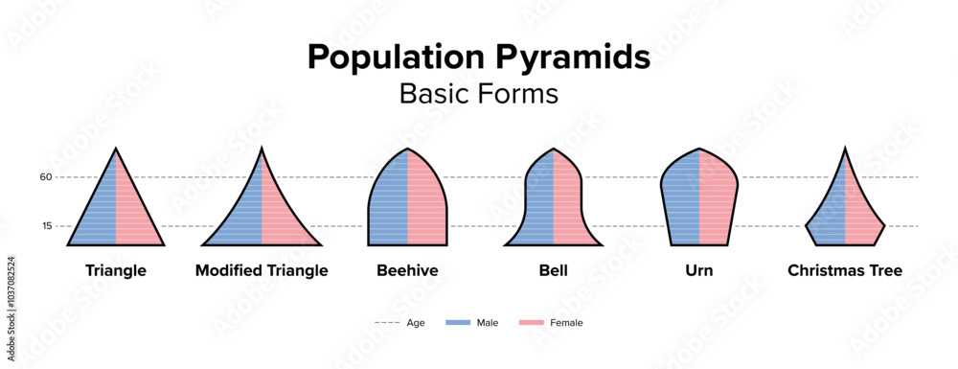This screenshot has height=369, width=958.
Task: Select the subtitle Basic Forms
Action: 478,94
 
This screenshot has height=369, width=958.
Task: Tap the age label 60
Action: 46,177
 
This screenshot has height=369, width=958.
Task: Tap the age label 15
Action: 47,226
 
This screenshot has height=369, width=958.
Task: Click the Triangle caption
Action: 116,270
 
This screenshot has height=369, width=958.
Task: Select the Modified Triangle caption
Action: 262,270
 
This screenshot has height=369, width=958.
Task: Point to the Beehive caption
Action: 407,270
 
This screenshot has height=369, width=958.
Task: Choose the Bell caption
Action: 554,270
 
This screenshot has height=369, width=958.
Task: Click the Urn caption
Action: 699,270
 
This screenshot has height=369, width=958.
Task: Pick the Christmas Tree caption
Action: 845,270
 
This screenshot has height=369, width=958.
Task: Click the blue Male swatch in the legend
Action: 458,323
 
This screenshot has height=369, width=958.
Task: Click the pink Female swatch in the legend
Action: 531,323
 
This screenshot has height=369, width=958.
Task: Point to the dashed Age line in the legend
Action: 387,323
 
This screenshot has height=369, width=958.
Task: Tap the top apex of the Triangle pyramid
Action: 116,149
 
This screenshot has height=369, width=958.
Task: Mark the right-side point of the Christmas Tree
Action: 884,225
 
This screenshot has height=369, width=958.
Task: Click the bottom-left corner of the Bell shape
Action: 505,245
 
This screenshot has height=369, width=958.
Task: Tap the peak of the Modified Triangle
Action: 262,149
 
